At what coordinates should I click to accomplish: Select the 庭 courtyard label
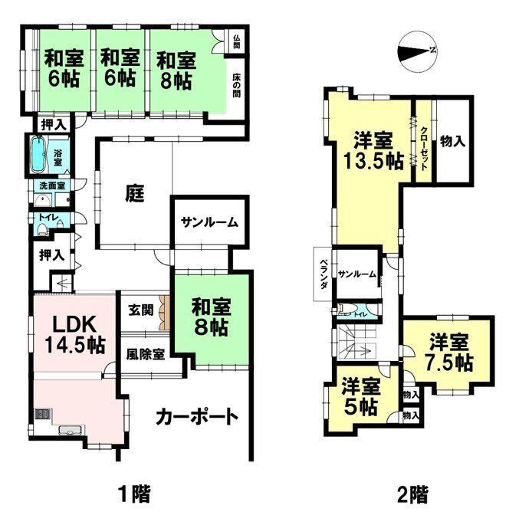point(135,194)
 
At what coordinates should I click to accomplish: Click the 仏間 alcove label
point(236,41)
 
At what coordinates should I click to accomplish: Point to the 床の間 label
point(236,85)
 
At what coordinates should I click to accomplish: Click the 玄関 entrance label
point(140,310)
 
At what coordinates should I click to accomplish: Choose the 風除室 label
point(146,354)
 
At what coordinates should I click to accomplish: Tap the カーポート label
point(197,417)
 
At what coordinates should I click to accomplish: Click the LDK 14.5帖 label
point(75,334)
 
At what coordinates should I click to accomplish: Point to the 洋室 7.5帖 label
point(448,352)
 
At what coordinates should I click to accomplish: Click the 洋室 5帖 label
point(361,397)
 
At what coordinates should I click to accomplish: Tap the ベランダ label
point(324,274)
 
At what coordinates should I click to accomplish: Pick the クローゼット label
point(423,149)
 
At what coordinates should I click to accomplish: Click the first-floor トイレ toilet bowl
point(42,229)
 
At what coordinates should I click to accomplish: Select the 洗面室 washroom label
point(52,185)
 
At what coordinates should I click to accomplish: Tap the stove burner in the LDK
point(42,414)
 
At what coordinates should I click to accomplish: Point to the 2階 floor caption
point(412,495)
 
